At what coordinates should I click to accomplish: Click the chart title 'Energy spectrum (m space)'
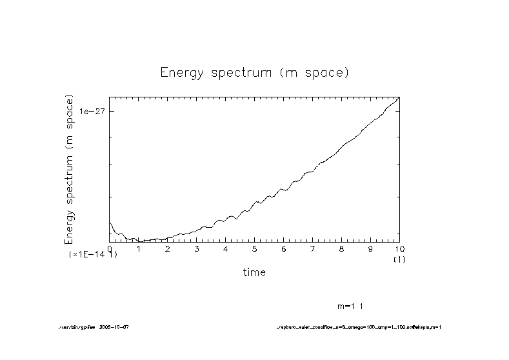pyautogui.click(x=254, y=73)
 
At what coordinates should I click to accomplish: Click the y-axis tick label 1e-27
pyautogui.click(x=92, y=111)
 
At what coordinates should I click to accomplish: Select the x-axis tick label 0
pyautogui.click(x=110, y=248)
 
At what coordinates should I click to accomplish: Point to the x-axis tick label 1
pyautogui.click(x=139, y=248)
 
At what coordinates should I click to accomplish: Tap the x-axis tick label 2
pyautogui.click(x=168, y=248)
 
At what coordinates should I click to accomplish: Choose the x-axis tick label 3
pyautogui.click(x=197, y=248)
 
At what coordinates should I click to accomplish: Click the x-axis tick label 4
pyautogui.click(x=226, y=248)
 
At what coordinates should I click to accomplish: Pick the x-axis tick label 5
pyautogui.click(x=255, y=248)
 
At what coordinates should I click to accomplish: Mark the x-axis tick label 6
pyautogui.click(x=284, y=248)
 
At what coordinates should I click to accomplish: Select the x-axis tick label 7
pyautogui.click(x=313, y=248)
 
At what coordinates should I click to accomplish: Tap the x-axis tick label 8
pyautogui.click(x=342, y=248)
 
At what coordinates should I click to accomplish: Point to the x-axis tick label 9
pyautogui.click(x=371, y=248)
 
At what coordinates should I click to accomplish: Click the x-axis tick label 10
pyautogui.click(x=399, y=248)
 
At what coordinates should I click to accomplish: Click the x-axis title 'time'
pyautogui.click(x=254, y=272)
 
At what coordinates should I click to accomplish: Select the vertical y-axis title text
pyautogui.click(x=70, y=169)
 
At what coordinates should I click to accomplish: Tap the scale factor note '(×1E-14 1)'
pyautogui.click(x=93, y=255)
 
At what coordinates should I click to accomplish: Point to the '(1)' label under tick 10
pyautogui.click(x=399, y=259)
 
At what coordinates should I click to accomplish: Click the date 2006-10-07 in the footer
pyautogui.click(x=117, y=327)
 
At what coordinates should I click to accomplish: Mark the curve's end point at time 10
pyautogui.click(x=399, y=97)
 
